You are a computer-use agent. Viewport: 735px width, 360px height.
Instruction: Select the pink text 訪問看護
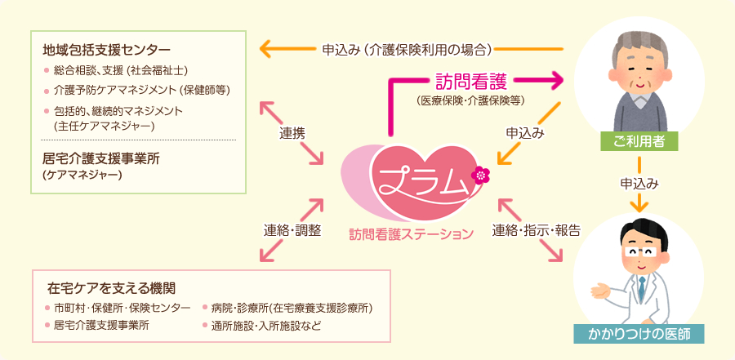point(471,81)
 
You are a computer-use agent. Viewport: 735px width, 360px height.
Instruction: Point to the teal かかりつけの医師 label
point(641,333)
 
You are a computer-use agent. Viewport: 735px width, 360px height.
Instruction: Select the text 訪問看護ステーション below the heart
point(411,234)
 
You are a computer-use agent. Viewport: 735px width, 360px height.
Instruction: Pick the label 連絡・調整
point(292,229)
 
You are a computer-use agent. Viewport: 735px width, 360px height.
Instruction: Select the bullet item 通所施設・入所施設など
point(266,326)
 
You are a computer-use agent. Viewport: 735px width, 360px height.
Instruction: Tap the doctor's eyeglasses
point(642,254)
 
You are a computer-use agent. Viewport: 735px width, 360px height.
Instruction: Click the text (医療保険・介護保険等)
point(470,100)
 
